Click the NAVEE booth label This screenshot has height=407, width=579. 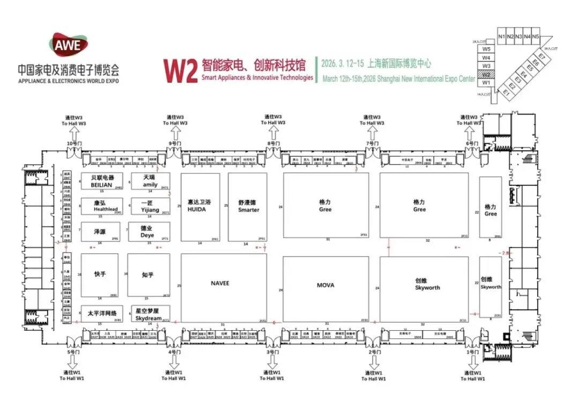(x=220, y=283)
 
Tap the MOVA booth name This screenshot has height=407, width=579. (x=325, y=285)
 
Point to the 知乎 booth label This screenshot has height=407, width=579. (x=148, y=275)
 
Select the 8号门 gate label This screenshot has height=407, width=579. (x=272, y=143)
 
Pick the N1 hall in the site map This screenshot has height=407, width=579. (x=502, y=37)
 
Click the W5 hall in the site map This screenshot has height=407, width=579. (x=486, y=49)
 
